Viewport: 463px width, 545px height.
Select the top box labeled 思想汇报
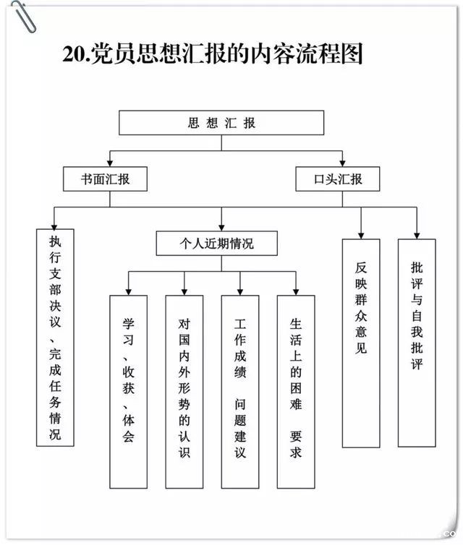tap(221, 123)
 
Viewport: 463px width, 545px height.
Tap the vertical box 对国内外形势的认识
tap(184, 391)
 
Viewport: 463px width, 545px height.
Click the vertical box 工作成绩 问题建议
tap(240, 391)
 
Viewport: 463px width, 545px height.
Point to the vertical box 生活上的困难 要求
tap(296, 391)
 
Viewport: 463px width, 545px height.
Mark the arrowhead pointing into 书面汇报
tap(110, 163)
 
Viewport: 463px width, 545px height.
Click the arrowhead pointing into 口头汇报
tap(343, 163)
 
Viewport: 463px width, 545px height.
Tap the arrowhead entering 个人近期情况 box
tap(221, 226)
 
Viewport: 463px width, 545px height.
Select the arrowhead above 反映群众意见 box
tap(361, 234)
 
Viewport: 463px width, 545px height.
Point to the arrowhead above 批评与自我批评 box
tap(416, 234)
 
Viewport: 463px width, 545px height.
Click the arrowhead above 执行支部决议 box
tap(54, 225)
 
